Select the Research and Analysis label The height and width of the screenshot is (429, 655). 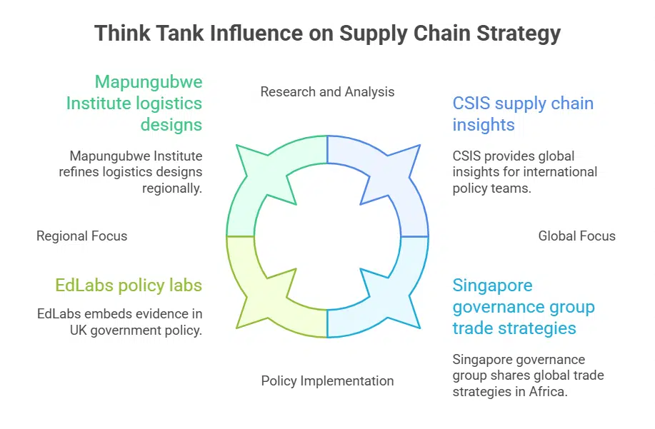327,91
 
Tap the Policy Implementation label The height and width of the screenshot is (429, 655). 327,380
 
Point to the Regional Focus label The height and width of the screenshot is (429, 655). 81,236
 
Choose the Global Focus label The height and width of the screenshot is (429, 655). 576,236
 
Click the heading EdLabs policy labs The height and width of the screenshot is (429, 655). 129,286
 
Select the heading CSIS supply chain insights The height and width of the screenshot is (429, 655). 523,113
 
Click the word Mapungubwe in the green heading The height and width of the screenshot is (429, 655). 149,81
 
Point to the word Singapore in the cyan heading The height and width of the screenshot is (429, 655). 493,286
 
